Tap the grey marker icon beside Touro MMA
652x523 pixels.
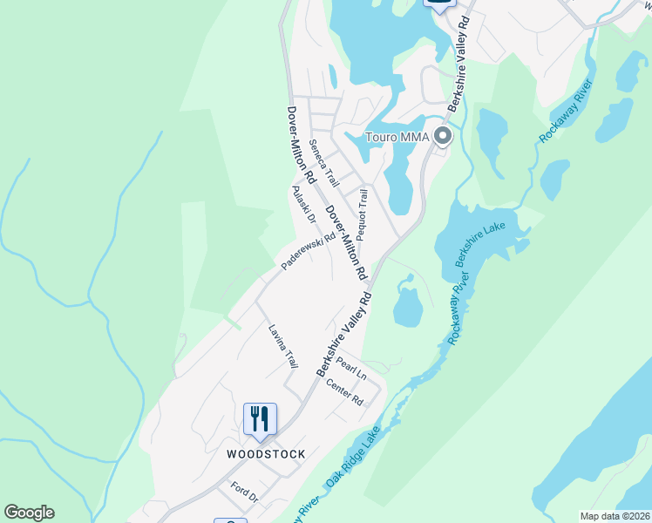pos(443,137)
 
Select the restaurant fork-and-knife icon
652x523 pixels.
pos(260,419)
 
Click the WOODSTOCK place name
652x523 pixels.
pos(266,454)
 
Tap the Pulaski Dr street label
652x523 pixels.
pos(303,206)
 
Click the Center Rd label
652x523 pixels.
pos(344,391)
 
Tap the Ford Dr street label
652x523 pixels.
pos(245,492)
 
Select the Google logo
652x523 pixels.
pos(29,513)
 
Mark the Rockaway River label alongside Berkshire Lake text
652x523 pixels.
pos(458,308)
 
